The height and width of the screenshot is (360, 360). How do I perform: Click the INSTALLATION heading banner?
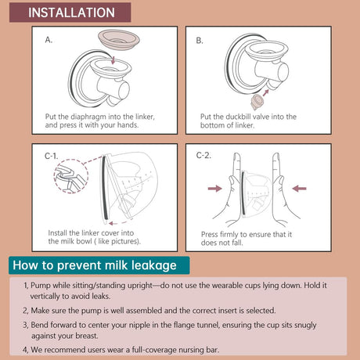pos(70,13)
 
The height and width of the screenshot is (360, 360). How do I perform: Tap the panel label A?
pos(49,40)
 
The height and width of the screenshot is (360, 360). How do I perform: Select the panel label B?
pos(200,41)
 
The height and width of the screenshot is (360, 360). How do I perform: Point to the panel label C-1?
pos(52,156)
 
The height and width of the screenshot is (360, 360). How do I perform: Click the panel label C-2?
pos(203,156)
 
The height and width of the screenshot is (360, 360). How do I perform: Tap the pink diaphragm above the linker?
pos(119,39)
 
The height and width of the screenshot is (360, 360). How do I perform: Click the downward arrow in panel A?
pos(113,59)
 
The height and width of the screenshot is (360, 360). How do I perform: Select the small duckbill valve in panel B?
pos(257,102)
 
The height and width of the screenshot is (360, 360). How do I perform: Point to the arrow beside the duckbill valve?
pos(265,93)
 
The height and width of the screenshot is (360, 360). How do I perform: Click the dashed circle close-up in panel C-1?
pos(71,176)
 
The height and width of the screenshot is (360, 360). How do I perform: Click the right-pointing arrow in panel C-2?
pos(215,189)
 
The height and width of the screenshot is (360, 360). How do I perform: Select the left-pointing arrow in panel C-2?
pos(299,189)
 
